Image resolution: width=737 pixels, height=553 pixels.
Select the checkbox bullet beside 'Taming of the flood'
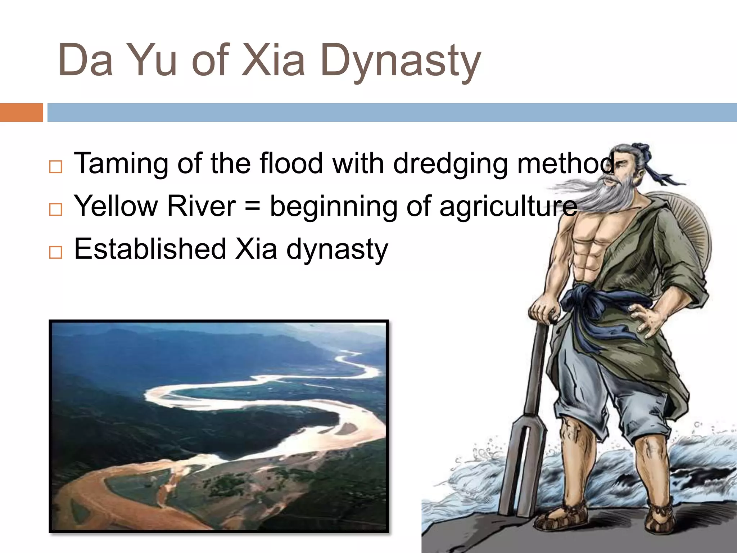(x=55, y=167)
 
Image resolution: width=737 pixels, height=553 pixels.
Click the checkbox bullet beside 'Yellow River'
(x=55, y=209)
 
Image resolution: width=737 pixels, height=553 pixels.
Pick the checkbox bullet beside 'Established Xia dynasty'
(x=55, y=252)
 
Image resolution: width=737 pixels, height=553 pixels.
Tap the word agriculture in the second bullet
(x=508, y=207)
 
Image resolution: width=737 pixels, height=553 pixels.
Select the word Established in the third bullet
(x=150, y=249)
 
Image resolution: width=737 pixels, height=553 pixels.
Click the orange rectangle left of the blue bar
(x=21, y=112)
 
